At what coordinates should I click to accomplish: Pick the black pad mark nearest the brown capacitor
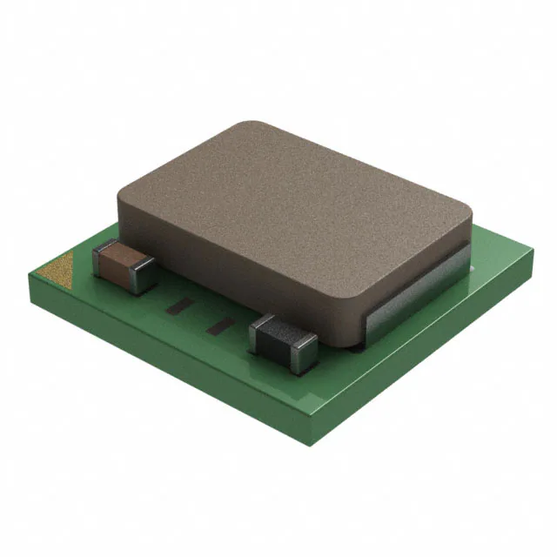(182, 306)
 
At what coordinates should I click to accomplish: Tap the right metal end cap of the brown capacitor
(146, 277)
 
